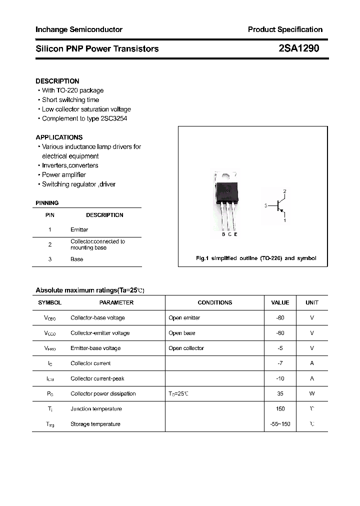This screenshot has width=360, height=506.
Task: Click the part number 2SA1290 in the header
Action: point(299,48)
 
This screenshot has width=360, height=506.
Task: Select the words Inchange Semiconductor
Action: point(79,29)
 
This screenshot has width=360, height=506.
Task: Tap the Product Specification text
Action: point(285,29)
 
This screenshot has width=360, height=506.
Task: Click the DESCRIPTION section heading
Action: point(57,81)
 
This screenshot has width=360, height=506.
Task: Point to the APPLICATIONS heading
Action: point(59,137)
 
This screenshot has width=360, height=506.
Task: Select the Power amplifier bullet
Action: point(64,174)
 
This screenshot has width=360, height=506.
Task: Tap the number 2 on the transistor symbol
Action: point(284,191)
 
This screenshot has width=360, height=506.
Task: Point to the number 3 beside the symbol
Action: point(266,205)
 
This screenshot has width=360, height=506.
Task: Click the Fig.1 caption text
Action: point(255,258)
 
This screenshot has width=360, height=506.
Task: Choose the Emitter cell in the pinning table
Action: point(79,229)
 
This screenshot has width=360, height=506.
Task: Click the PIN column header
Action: point(50,215)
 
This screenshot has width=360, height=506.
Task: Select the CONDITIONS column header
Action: point(215,302)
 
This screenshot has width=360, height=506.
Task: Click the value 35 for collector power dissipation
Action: point(280,393)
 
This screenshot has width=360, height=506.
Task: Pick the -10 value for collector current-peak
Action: point(280,378)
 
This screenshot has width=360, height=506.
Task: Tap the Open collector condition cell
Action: point(186,348)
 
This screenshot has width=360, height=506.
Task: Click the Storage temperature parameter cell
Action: point(95,424)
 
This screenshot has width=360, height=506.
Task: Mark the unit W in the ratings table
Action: point(312,393)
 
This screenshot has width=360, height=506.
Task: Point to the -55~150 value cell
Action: point(280,424)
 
